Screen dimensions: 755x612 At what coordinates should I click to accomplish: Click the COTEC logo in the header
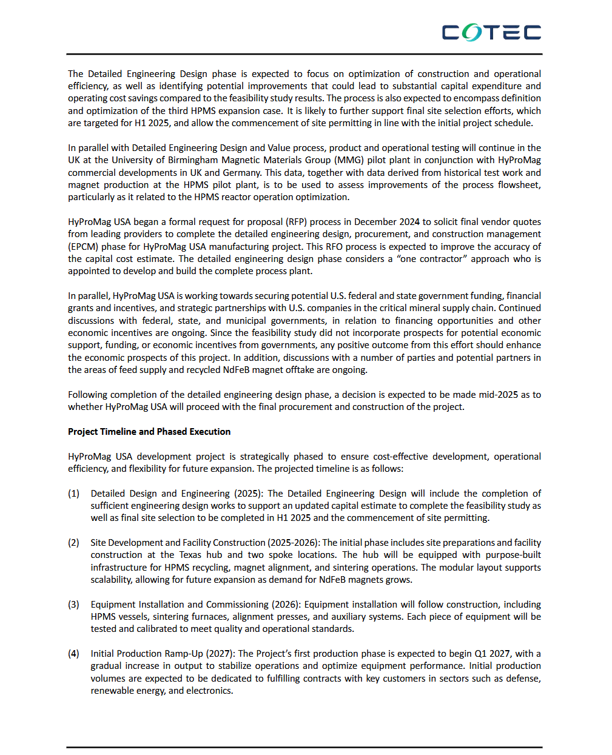[491, 32]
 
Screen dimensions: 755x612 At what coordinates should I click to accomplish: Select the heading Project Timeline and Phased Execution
[149, 432]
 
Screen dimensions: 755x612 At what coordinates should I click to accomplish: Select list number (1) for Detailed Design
[73, 494]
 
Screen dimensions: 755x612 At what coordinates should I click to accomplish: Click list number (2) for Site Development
[73, 543]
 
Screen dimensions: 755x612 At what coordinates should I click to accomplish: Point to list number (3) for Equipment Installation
[73, 605]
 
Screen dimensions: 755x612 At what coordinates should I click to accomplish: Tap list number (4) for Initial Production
[73, 654]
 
